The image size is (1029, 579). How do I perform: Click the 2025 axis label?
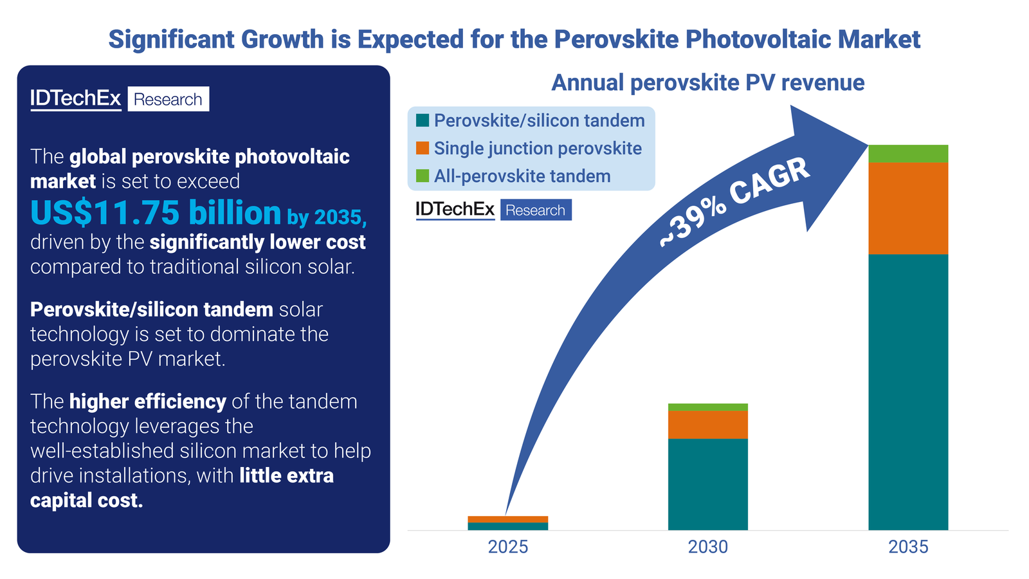(507, 547)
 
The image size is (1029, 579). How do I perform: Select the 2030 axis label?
(707, 547)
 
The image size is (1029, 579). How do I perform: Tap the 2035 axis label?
(908, 547)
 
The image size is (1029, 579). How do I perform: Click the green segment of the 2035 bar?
(908, 154)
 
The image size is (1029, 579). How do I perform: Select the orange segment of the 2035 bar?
(908, 208)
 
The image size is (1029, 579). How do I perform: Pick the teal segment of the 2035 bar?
(908, 392)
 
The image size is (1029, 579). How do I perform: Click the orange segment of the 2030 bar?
(707, 425)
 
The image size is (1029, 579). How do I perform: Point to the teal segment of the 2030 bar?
(707, 484)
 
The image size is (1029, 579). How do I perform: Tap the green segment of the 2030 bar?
(707, 407)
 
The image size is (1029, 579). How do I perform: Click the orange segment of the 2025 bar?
(507, 519)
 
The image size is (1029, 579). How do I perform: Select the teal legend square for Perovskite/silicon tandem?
(423, 120)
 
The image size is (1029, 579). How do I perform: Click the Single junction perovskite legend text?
(538, 149)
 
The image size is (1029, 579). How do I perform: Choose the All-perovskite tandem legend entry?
(522, 176)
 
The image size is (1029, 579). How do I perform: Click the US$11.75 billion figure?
(156, 213)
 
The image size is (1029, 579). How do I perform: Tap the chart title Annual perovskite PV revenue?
(707, 83)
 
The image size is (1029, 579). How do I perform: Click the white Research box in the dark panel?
(168, 99)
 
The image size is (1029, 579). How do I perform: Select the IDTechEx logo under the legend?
(455, 210)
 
